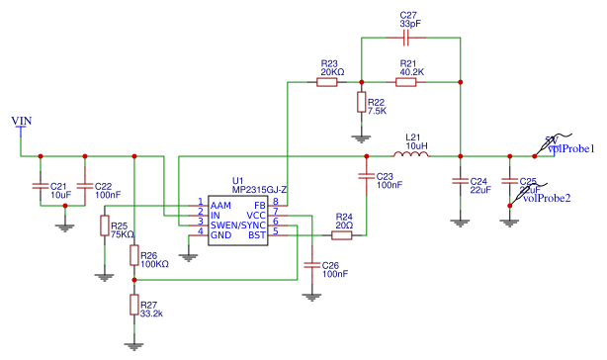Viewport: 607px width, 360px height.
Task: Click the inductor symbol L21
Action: [410, 155]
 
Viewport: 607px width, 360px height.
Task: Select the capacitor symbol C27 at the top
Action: [407, 38]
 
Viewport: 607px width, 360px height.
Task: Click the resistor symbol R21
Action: [405, 82]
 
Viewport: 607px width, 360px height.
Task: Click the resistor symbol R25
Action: [104, 227]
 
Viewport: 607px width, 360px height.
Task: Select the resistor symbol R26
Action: [135, 255]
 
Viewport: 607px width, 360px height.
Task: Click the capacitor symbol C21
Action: [40, 185]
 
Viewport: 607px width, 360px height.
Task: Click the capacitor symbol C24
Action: [459, 182]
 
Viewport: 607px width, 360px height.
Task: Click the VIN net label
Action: [21, 121]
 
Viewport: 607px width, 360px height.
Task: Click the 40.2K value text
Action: [412, 72]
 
